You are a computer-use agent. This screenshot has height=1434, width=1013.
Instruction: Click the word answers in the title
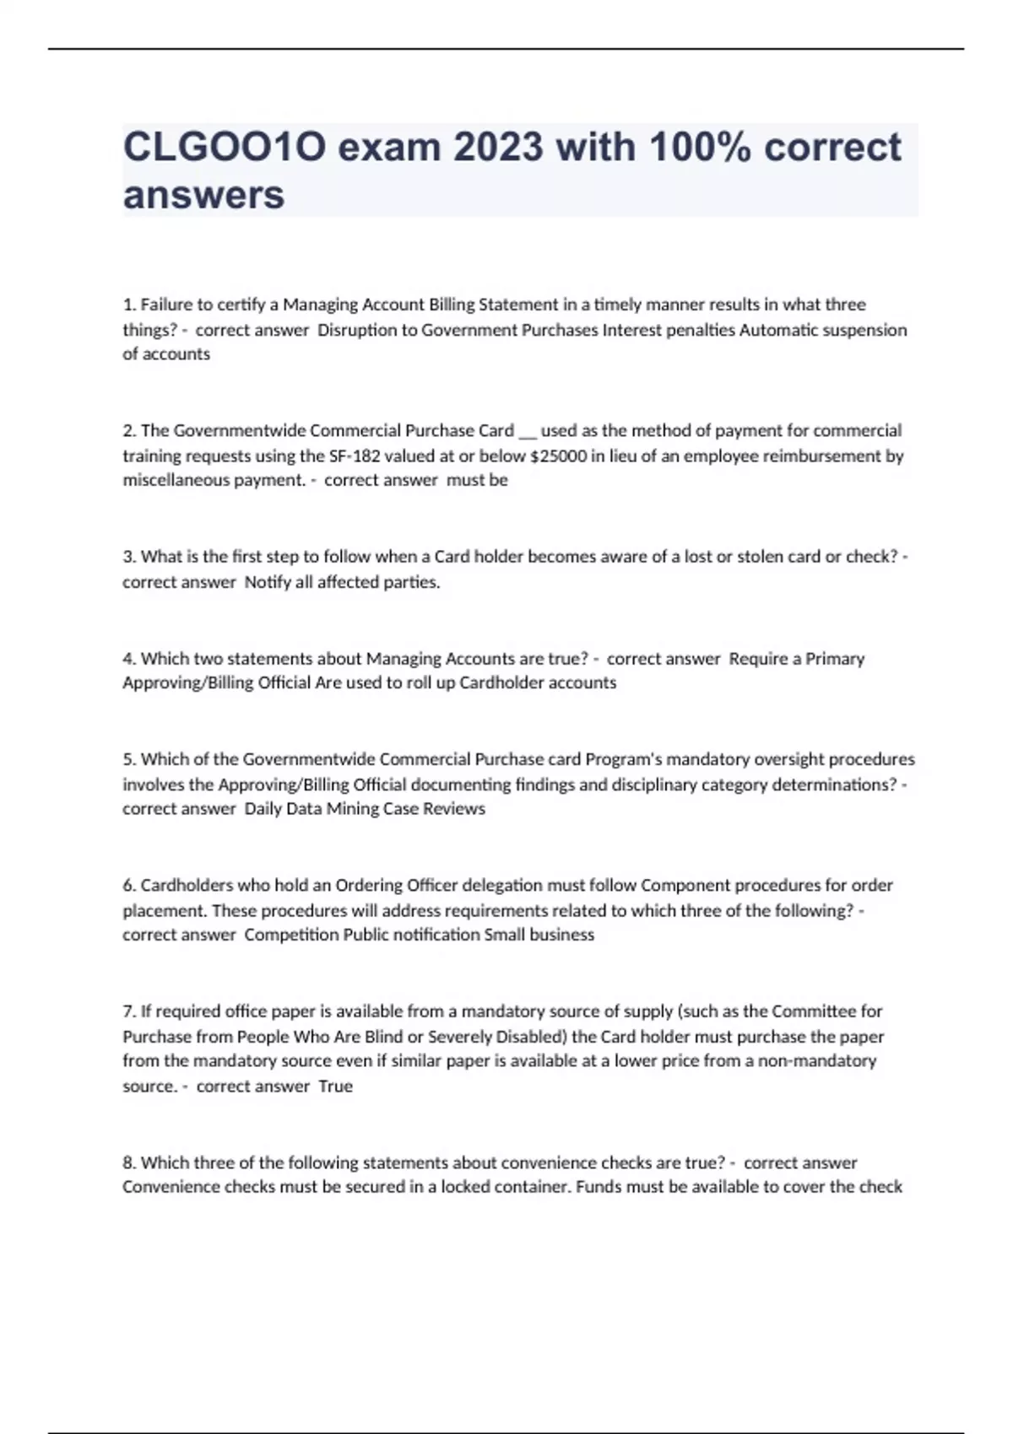click(203, 195)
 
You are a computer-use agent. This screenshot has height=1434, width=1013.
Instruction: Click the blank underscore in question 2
click(527, 431)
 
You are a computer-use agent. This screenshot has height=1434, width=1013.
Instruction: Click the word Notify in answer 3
click(268, 582)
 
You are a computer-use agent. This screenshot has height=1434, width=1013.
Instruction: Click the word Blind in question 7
click(381, 1036)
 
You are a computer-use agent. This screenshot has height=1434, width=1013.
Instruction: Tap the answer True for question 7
click(335, 1086)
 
